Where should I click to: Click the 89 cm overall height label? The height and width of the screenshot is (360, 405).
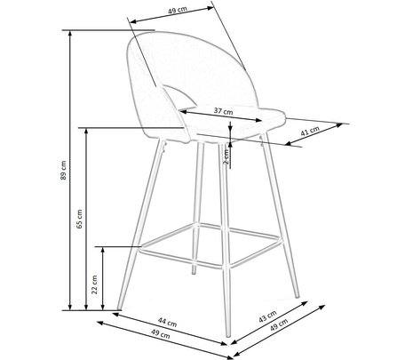coord(63,170)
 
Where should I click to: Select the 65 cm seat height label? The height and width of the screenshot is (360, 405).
coord(79,219)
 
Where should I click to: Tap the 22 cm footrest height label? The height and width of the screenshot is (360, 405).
coord(95,284)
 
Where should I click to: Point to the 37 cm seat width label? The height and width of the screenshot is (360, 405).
coord(224,111)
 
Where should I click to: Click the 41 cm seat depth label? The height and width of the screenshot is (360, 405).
coord(310,131)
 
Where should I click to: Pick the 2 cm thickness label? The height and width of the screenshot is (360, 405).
coord(226,156)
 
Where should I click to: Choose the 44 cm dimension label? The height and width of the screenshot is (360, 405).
coord(167,322)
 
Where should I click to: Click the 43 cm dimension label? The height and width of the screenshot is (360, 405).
coord(267,316)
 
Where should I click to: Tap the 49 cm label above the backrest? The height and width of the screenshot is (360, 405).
coord(178,10)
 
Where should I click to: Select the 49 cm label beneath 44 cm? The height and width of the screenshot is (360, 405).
coord(161,334)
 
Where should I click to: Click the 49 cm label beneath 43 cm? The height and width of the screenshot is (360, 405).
coord(279,324)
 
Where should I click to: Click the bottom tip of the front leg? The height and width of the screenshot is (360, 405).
coord(228,335)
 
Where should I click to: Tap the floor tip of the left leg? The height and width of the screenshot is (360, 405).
coord(119,308)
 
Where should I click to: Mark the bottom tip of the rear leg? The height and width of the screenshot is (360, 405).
coord(194,273)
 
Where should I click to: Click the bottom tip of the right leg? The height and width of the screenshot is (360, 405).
coord(298,296)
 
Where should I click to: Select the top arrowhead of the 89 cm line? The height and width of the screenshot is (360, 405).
coord(70,33)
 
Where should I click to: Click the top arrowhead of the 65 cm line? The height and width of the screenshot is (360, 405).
coord(86,132)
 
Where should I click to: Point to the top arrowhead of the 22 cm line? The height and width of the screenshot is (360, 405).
coord(102,250)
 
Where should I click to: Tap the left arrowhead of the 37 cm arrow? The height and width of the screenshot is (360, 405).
coord(182,112)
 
